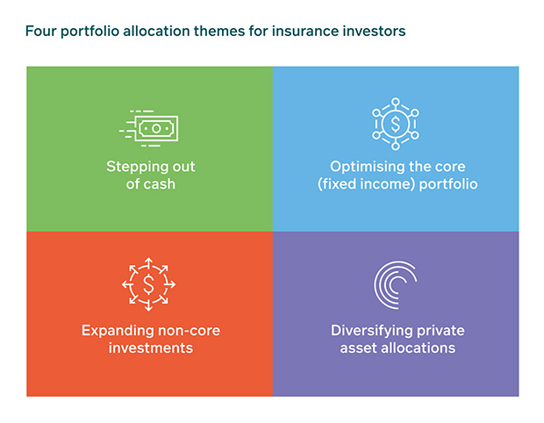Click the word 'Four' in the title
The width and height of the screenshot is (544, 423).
40,32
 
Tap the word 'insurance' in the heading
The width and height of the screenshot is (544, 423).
304,32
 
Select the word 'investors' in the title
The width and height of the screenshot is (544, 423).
374,32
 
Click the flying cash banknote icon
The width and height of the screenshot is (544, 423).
149,128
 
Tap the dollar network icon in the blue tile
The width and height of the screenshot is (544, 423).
396,124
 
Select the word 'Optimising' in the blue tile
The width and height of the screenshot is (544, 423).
367,168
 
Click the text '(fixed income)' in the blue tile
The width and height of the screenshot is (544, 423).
367,184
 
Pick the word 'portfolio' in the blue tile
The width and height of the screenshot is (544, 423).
448,184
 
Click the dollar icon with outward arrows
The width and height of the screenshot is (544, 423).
148,284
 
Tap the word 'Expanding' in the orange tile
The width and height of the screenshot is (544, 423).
118,331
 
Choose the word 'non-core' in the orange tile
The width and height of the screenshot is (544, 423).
189,331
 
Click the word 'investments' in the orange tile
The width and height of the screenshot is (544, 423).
151,348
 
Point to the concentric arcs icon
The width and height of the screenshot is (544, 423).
396,285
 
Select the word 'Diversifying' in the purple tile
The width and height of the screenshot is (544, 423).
371,331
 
